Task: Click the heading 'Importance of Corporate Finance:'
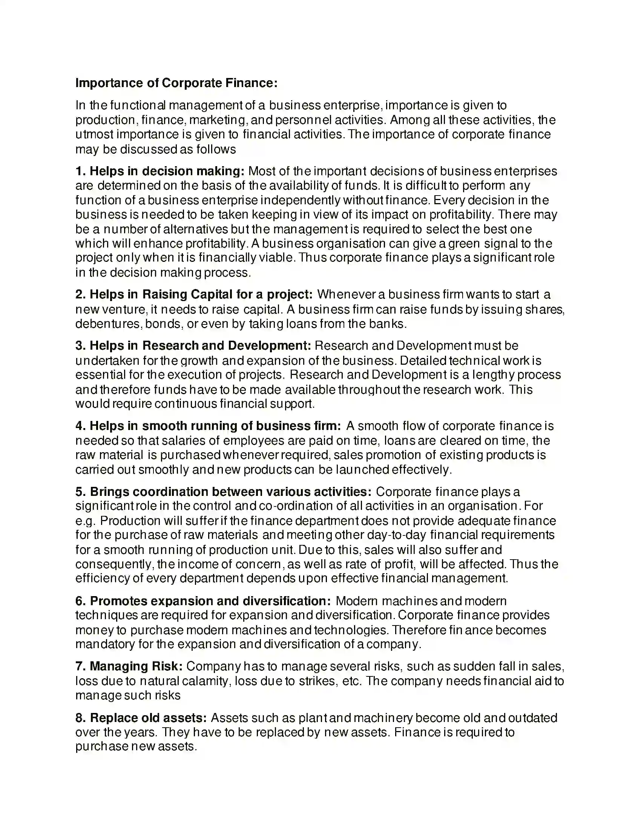pos(176,83)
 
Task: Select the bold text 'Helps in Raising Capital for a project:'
pos(201,294)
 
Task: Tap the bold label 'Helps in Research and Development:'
pos(200,346)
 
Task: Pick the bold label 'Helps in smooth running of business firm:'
pos(215,426)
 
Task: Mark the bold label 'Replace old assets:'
pos(148,718)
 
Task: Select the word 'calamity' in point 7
pos(206,681)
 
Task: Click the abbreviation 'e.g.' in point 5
pos(86,521)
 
